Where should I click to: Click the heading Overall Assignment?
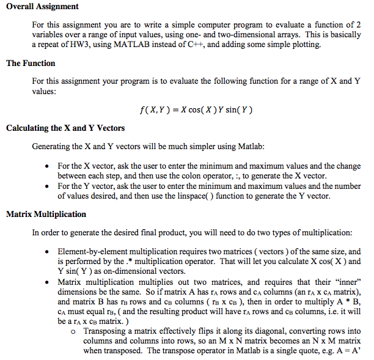(42, 7)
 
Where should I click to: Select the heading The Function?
(31, 63)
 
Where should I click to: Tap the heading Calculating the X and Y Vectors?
(65, 128)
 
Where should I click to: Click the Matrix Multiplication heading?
(46, 215)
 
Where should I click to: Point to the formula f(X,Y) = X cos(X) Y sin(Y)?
(196, 111)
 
